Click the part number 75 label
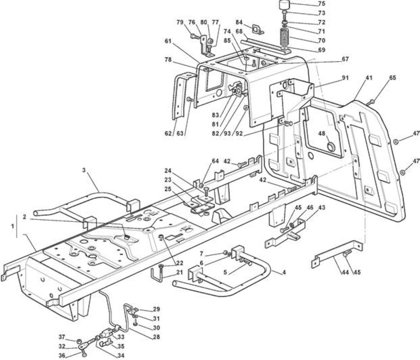click(321, 4)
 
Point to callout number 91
click(345, 78)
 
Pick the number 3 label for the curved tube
click(84, 170)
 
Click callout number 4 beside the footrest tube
click(284, 272)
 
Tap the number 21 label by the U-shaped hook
click(179, 272)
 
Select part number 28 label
click(156, 337)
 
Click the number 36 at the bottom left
click(62, 355)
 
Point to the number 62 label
click(168, 133)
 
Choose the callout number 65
click(393, 78)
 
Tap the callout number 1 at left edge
click(12, 226)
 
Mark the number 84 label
click(239, 22)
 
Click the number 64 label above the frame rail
click(215, 161)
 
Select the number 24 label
click(168, 171)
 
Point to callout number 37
click(62, 337)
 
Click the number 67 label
click(345, 58)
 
